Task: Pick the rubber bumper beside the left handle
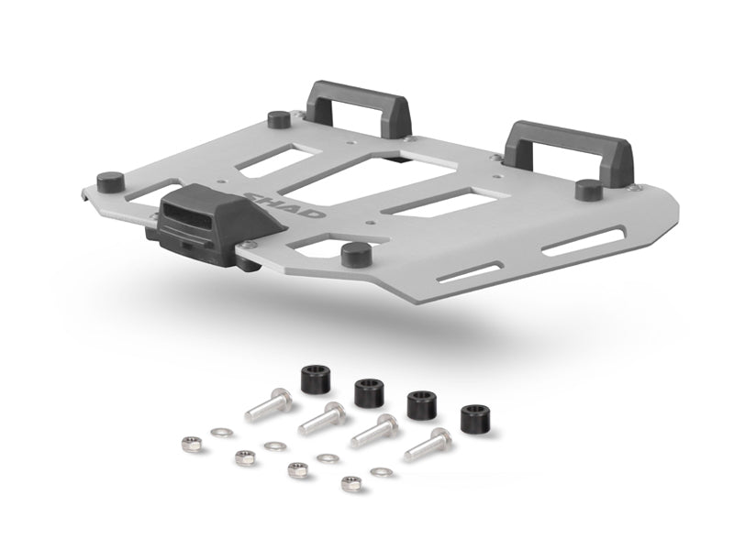pyautogui.click(x=276, y=120)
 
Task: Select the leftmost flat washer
pyautogui.click(x=219, y=433)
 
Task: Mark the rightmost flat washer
pyautogui.click(x=377, y=471)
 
